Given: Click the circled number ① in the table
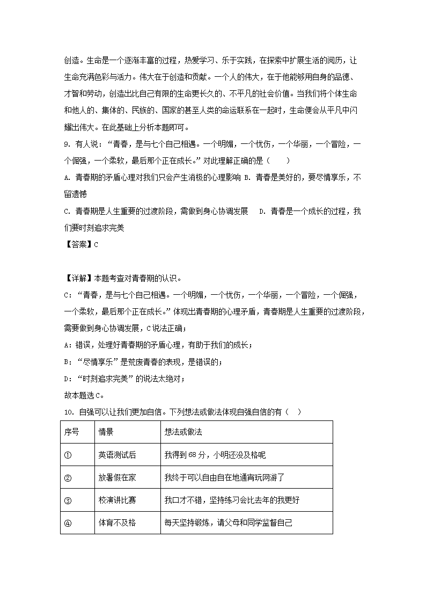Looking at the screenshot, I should tap(68, 455).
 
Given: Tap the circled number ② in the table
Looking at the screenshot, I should tap(68, 477).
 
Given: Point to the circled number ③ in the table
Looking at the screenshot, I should tap(68, 500).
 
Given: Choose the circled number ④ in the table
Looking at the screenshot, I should tap(68, 522).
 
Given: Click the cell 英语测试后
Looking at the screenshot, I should tap(117, 455).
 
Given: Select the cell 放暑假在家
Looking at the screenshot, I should tap(117, 477).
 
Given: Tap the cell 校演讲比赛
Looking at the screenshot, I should tap(117, 500).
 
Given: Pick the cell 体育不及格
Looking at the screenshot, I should tap(117, 522).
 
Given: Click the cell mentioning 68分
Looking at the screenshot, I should tap(215, 455).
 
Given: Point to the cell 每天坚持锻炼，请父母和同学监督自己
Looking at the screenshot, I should tap(228, 522).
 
